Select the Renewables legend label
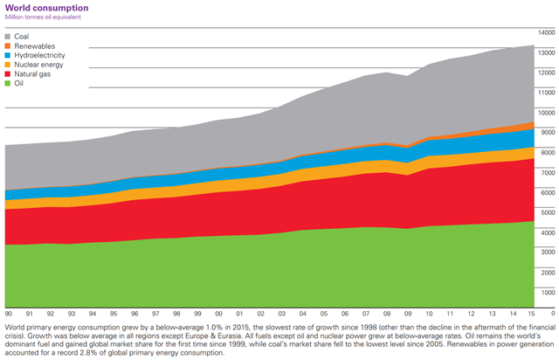[36, 45]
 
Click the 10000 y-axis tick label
[546, 112]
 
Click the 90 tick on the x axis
[8, 312]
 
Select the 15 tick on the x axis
[532, 312]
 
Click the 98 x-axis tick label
[176, 312]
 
